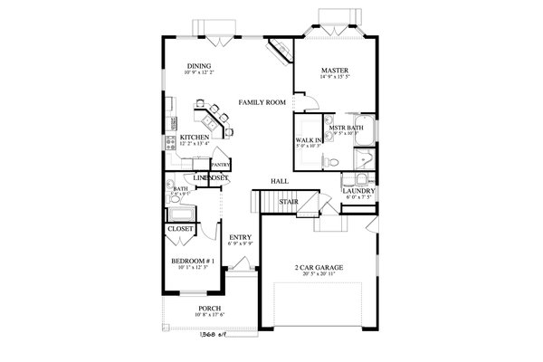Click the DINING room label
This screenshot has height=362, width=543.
(199, 66)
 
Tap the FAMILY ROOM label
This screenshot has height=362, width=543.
(262, 102)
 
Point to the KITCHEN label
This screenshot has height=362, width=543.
(195, 137)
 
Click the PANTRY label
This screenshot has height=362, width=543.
(219, 165)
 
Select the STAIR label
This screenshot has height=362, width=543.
(289, 202)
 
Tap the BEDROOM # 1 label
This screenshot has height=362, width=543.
(191, 262)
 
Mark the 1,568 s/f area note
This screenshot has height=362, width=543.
(211, 332)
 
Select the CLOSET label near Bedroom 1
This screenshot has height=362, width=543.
(180, 230)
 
